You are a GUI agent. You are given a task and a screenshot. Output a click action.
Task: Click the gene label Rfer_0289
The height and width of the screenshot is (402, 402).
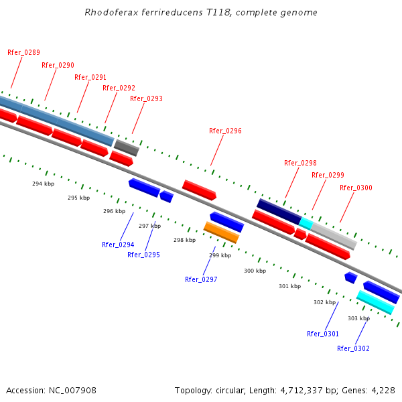[23, 52]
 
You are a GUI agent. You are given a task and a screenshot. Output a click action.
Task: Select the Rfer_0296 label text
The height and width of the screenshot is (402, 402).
[225, 131]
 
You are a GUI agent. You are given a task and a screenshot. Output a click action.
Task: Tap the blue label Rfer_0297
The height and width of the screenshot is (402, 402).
[201, 279]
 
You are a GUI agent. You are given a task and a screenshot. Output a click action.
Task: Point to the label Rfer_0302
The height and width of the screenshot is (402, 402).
[353, 348]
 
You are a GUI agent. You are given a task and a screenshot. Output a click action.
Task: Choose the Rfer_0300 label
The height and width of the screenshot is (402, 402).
[356, 188]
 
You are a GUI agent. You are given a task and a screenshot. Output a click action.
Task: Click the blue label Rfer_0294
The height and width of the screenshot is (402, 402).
[118, 245]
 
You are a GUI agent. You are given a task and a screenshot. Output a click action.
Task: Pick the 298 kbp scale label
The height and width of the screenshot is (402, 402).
[184, 240]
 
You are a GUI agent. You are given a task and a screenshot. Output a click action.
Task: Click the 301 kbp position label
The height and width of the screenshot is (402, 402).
[289, 286]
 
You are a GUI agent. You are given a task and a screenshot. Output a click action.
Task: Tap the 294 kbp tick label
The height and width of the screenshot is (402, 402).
[43, 183]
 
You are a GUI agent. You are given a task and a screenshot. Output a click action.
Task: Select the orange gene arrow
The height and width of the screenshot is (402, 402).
[221, 232]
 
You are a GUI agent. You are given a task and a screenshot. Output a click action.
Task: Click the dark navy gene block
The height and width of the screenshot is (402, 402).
[279, 211]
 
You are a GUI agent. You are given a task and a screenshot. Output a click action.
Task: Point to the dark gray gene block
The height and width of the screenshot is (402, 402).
[126, 147]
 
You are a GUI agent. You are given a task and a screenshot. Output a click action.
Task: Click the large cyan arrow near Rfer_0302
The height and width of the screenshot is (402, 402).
[375, 302]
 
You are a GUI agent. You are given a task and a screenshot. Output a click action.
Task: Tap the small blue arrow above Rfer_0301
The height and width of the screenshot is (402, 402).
[350, 277]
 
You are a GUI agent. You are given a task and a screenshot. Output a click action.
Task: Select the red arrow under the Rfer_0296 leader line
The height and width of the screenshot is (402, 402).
[200, 190]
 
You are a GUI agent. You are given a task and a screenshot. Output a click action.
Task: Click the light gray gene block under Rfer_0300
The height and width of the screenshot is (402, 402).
[334, 235]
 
